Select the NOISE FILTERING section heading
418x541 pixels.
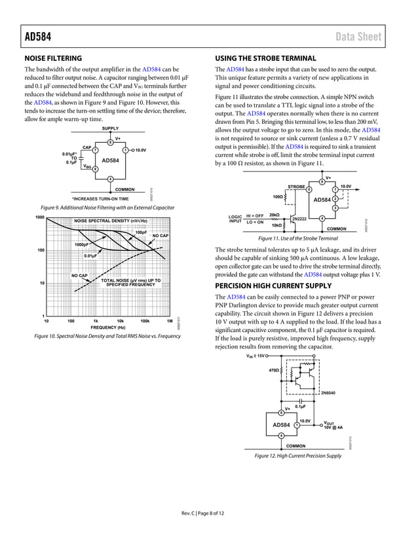(x=53, y=58)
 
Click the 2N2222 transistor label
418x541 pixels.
(x=299, y=217)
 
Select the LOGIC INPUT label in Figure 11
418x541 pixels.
(x=235, y=219)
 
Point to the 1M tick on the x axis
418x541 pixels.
(x=170, y=321)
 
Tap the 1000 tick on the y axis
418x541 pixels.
(x=39, y=217)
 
